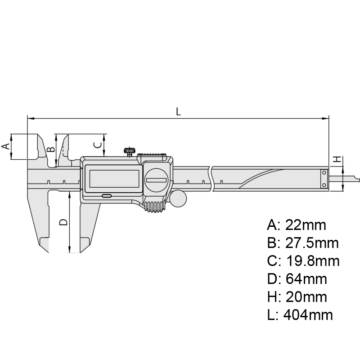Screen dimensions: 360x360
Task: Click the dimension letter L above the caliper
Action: pos(178,112)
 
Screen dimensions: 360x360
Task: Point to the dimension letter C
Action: pos(98,145)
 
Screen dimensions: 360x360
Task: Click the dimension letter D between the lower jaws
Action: pos(63,222)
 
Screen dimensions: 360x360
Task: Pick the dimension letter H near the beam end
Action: pos(337,159)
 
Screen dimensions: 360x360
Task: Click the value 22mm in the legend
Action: pos(306,225)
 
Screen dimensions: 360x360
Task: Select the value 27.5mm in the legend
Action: pos(312,243)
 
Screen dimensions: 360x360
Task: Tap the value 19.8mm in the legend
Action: pos(313,261)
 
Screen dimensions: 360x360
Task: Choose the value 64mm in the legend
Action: pos(306,279)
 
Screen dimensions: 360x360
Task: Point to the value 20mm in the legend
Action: pos(306,297)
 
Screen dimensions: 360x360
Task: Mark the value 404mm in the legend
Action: pos(308,315)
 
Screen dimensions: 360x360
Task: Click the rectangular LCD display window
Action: pos(114,179)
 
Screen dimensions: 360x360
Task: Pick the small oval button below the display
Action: pos(107,196)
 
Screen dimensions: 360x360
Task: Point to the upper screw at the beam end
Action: pos(324,172)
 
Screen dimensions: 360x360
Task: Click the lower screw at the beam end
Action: pos(324,185)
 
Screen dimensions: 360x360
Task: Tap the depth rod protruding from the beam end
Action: pos(344,178)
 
